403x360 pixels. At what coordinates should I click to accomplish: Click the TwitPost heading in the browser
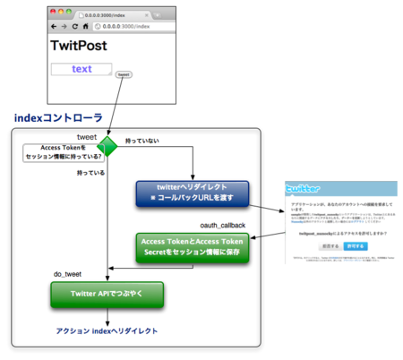[78, 46]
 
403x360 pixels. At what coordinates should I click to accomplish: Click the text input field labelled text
[81, 69]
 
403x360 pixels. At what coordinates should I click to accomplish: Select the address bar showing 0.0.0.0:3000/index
[134, 27]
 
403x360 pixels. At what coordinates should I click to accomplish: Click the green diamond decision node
[107, 147]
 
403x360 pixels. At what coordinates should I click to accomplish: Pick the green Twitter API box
[107, 295]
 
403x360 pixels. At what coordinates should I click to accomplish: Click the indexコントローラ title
[58, 117]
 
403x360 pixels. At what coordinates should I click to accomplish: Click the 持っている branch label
[93, 173]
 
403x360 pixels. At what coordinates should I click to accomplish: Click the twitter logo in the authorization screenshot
[304, 189]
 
